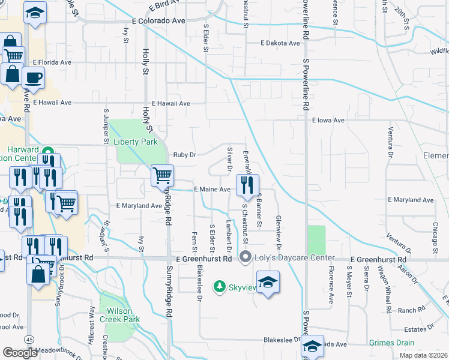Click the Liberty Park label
[136, 142]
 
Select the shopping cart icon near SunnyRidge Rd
[162, 176]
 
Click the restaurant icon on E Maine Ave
[247, 185]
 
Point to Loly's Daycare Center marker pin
[245, 258]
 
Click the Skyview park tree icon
[220, 287]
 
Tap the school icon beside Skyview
[268, 283]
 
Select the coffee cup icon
[32, 77]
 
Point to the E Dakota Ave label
[280, 43]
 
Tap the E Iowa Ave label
[328, 121]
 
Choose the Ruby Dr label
[185, 155]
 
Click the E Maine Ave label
[212, 190]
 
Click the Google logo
[20, 353]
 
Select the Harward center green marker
[50, 152]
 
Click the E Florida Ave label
[52, 62]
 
